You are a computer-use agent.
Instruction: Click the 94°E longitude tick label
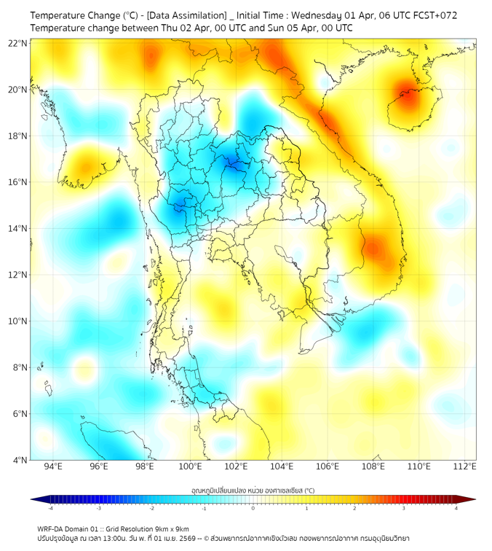(53, 466)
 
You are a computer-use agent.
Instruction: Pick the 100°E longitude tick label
(191, 466)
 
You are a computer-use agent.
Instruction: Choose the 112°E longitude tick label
(466, 466)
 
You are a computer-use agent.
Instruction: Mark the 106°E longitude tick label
(328, 466)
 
